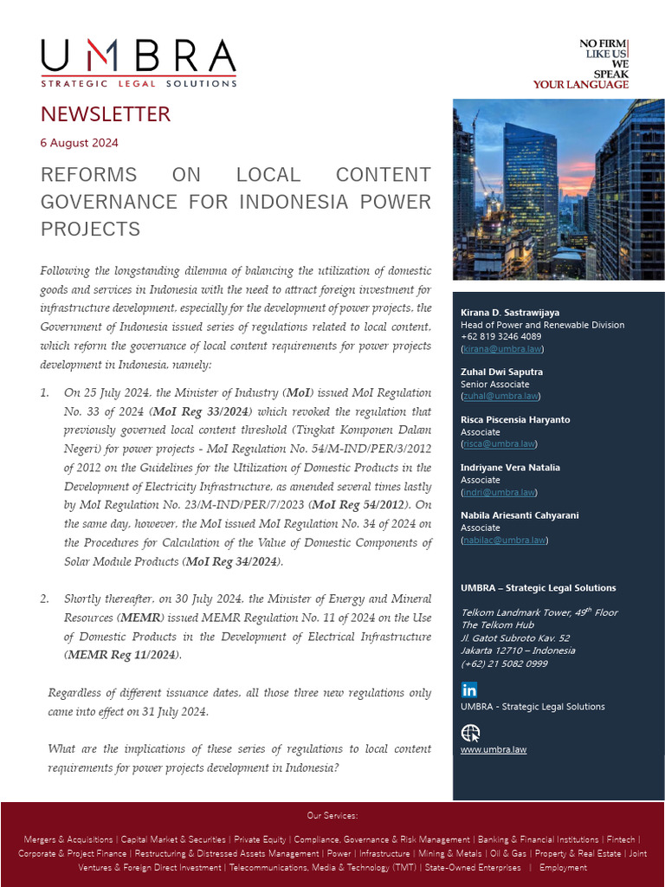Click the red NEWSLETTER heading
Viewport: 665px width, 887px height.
point(106,114)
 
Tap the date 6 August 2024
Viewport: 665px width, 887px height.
point(79,143)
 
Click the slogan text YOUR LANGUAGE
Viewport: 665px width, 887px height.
point(580,85)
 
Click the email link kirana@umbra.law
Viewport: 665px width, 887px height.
point(502,348)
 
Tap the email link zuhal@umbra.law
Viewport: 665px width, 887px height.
point(500,396)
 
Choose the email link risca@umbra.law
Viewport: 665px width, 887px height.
point(499,443)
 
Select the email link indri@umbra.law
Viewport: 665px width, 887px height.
point(499,492)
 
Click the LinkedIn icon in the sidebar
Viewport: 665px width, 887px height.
point(469,690)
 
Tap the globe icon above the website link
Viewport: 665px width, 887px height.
point(470,733)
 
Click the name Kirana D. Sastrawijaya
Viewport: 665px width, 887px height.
point(510,312)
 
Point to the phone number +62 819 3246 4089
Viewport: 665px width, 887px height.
point(501,337)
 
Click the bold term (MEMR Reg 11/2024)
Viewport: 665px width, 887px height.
point(123,655)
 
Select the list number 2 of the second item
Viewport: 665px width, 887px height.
point(44,599)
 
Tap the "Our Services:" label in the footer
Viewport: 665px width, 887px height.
point(332,816)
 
